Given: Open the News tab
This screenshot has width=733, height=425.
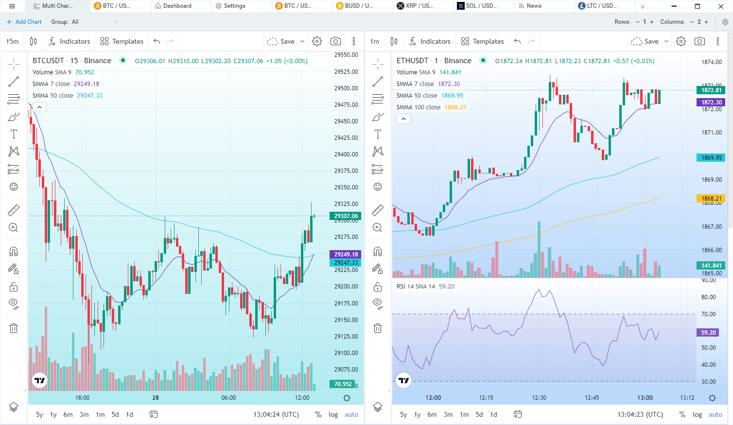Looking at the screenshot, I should pos(533,6).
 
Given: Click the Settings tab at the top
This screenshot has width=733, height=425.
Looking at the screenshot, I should pos(234,6).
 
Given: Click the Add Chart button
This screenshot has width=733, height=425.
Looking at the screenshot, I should pos(24,22).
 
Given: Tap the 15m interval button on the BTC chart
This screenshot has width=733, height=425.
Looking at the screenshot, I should pos(13,41).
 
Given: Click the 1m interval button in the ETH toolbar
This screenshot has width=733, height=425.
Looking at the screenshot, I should pos(374,41).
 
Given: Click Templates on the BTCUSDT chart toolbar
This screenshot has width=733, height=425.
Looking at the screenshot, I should pos(122,41).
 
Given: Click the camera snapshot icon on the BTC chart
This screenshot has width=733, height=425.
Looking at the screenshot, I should pos(335,41).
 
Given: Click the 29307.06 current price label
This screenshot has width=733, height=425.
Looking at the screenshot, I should pos(346,216).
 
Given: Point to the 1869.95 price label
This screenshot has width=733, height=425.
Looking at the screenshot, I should pos(711,157).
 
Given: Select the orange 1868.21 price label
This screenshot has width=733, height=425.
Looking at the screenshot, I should pos(711,198).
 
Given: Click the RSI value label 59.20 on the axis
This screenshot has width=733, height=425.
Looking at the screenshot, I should pos(708,333).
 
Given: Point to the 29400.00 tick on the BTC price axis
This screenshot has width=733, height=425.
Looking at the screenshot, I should pos(346,154).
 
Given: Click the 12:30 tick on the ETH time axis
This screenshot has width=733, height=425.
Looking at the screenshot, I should pos(539,398).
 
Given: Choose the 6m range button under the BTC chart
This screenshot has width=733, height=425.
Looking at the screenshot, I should pos(68,414).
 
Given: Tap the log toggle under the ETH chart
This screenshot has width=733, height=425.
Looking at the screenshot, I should pos(697,414).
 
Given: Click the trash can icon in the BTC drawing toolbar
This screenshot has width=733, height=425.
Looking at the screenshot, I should pos(14,328).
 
